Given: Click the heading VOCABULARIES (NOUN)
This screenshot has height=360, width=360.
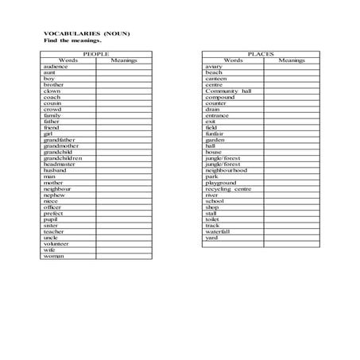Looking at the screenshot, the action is tap(87, 33).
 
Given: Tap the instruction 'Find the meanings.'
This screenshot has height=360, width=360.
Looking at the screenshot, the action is tap(72, 40).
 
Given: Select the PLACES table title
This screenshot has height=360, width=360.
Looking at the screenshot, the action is tap(260, 54).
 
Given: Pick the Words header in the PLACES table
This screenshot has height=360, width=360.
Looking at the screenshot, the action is tap(233, 60).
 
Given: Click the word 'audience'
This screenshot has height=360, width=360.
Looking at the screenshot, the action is tap(56, 67).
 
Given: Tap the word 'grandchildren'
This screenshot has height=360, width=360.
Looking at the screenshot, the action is tap(63, 157).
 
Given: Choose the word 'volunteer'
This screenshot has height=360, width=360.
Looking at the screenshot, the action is tap(56, 243).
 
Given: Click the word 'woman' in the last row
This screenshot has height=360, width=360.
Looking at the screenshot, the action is tap(53, 256).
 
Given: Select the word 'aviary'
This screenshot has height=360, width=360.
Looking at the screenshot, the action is tap(213, 67).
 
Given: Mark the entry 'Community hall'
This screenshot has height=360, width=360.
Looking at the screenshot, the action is tap(228, 91).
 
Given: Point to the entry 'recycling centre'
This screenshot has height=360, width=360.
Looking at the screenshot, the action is tap(228, 188).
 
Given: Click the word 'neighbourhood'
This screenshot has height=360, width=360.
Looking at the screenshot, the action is tap(226, 170).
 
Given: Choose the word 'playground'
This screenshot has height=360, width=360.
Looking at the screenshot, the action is tap(221, 182).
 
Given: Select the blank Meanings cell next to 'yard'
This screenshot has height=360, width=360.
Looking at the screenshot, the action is tap(292, 237).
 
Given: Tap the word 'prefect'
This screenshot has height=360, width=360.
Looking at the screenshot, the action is tap(53, 213).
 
